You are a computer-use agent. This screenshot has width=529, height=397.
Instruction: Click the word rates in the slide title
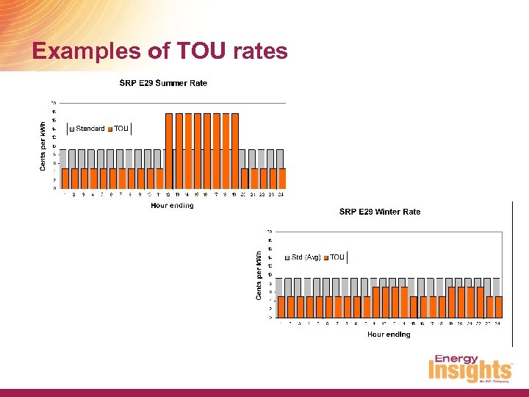point(256,51)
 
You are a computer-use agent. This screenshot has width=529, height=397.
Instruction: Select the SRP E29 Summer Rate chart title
point(163,83)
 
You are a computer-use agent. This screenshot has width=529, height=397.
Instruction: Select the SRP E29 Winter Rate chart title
point(380,212)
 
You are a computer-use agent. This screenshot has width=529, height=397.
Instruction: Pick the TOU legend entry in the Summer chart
point(120,129)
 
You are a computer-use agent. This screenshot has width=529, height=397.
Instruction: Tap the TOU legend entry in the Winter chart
point(337,257)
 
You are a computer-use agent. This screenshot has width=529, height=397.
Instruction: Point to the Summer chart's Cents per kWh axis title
point(43,146)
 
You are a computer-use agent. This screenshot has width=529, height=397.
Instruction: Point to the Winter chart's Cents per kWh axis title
point(259,275)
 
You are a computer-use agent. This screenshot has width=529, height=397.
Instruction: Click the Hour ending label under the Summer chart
point(172,206)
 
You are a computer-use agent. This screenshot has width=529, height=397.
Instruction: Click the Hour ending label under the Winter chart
point(389,335)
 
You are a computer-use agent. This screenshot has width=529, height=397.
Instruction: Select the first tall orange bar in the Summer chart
point(169,151)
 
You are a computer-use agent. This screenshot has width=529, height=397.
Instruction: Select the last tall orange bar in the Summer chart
point(234,151)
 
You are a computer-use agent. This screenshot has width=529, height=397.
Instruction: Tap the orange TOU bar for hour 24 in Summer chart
point(282,179)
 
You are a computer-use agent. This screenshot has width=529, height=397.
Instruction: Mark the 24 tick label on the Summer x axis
point(281,195)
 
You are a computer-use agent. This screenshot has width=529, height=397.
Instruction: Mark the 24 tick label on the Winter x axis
point(497,323)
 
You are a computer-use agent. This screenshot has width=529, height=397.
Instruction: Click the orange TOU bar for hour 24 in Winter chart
point(498,307)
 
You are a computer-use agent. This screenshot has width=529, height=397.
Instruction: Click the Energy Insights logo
point(470,370)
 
